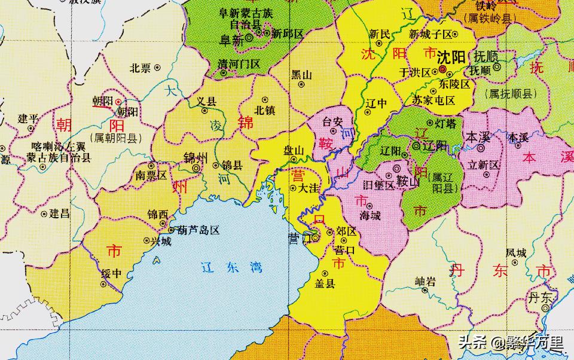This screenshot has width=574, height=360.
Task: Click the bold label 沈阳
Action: coord(451,58)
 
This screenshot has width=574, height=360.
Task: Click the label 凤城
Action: coord(515,252)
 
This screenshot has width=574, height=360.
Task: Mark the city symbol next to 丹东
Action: coord(545,307)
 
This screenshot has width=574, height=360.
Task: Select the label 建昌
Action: coord(59,213)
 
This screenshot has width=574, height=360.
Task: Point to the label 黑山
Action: coord(301,75)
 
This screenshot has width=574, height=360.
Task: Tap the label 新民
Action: coord(380,34)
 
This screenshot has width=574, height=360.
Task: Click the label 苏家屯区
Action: coord(433,100)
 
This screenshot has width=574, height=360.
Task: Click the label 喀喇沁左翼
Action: coord(59,146)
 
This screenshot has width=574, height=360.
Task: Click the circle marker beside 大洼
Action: coord(292,188)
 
